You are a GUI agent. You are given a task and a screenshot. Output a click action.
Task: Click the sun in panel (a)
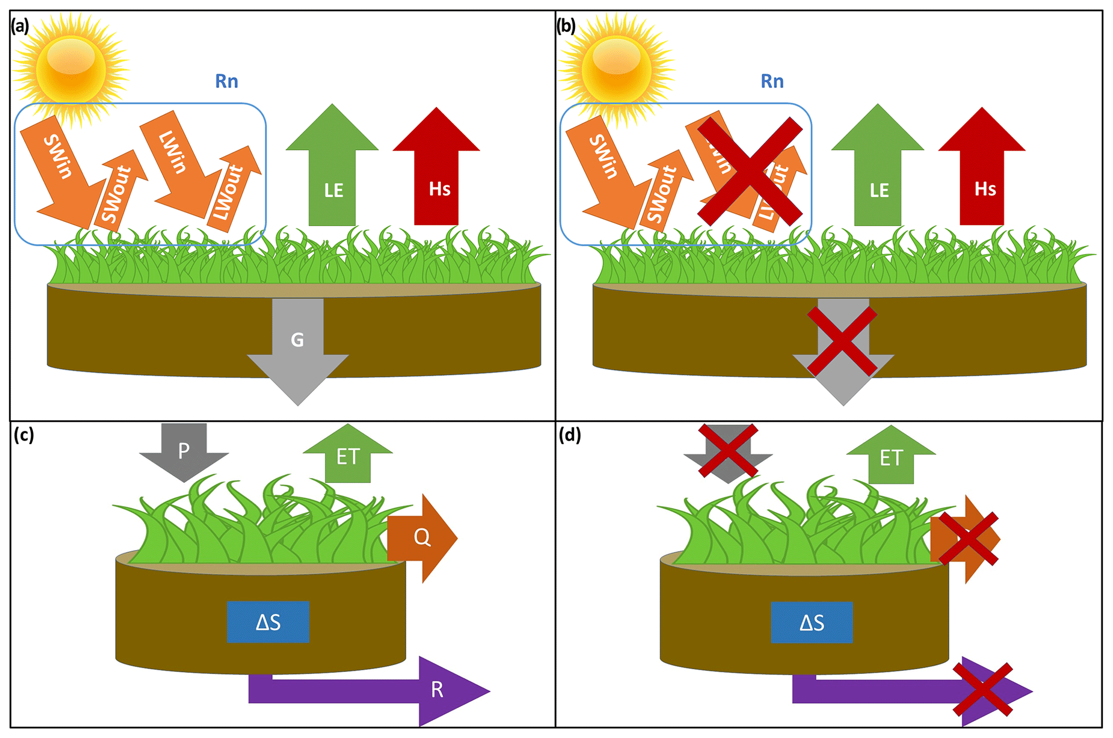pos(71,68)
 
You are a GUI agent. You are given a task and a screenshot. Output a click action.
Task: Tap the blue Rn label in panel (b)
pos(772,81)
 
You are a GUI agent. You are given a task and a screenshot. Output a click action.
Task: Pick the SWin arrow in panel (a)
pos(62,167)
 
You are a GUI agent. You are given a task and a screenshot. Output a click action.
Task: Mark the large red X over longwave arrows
pos(750,171)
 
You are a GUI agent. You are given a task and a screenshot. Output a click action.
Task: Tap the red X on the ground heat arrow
pos(843,341)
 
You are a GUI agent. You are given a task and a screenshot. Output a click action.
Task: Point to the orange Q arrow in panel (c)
pos(423,538)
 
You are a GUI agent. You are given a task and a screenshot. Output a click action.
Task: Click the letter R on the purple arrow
pos(437,690)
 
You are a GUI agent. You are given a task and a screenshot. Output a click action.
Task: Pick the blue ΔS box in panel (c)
pos(268,622)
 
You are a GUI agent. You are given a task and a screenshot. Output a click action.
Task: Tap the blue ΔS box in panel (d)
pos(811,622)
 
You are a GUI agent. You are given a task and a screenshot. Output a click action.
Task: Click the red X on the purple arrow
pos(983,690)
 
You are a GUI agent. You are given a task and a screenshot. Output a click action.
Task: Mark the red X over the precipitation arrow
pos(728,451)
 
